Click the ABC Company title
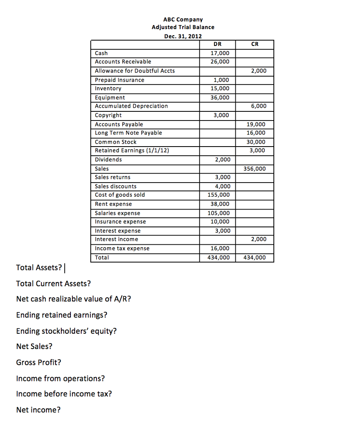coord(183,19)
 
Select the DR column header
coord(217,44)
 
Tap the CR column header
coord(255,44)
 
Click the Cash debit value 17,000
coord(220,53)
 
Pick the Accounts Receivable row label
coord(123,62)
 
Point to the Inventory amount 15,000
coord(220,89)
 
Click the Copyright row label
coord(109,115)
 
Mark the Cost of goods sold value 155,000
coord(218,195)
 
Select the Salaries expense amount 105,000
coord(218,213)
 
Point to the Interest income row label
coord(116,239)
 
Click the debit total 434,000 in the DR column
coord(218,258)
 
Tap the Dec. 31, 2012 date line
coord(183,36)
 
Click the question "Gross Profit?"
coord(39,363)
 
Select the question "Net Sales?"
coord(34,347)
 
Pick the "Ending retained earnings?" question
coord(61,315)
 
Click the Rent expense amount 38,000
coord(220,204)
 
